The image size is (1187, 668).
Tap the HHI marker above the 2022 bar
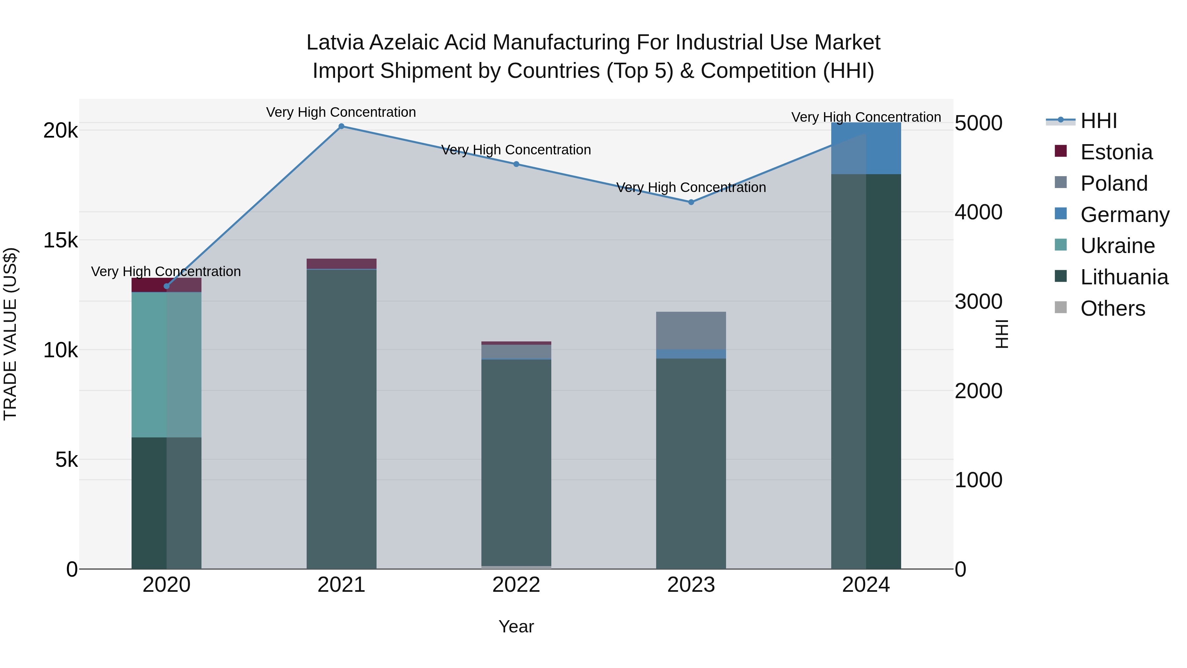(x=516, y=164)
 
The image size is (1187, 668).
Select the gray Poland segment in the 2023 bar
(x=691, y=330)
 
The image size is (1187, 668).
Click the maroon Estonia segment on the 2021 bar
(x=342, y=264)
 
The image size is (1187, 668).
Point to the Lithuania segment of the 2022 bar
(x=516, y=461)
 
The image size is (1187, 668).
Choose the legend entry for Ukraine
(x=1117, y=246)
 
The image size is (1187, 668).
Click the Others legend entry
(x=1112, y=308)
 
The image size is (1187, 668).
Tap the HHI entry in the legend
(x=1099, y=121)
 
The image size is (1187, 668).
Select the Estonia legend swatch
(x=1061, y=151)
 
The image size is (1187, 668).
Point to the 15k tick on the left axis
(x=60, y=240)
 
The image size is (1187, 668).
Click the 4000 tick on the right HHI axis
(x=978, y=212)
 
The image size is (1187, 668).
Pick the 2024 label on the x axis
(x=866, y=585)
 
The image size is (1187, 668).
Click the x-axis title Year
(x=516, y=626)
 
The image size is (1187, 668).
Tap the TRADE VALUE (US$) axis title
(x=11, y=334)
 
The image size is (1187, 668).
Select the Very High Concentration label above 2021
(x=341, y=112)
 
